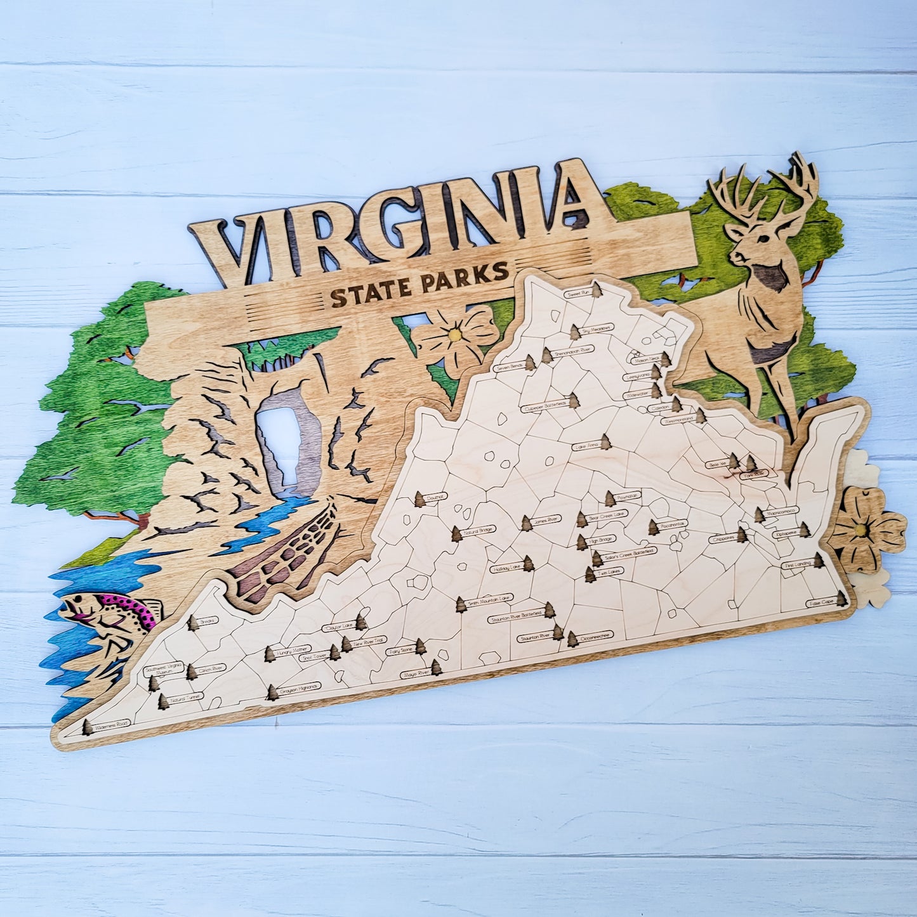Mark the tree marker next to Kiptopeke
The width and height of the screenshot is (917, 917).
point(805,529)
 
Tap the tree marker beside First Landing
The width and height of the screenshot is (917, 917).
point(819,560)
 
